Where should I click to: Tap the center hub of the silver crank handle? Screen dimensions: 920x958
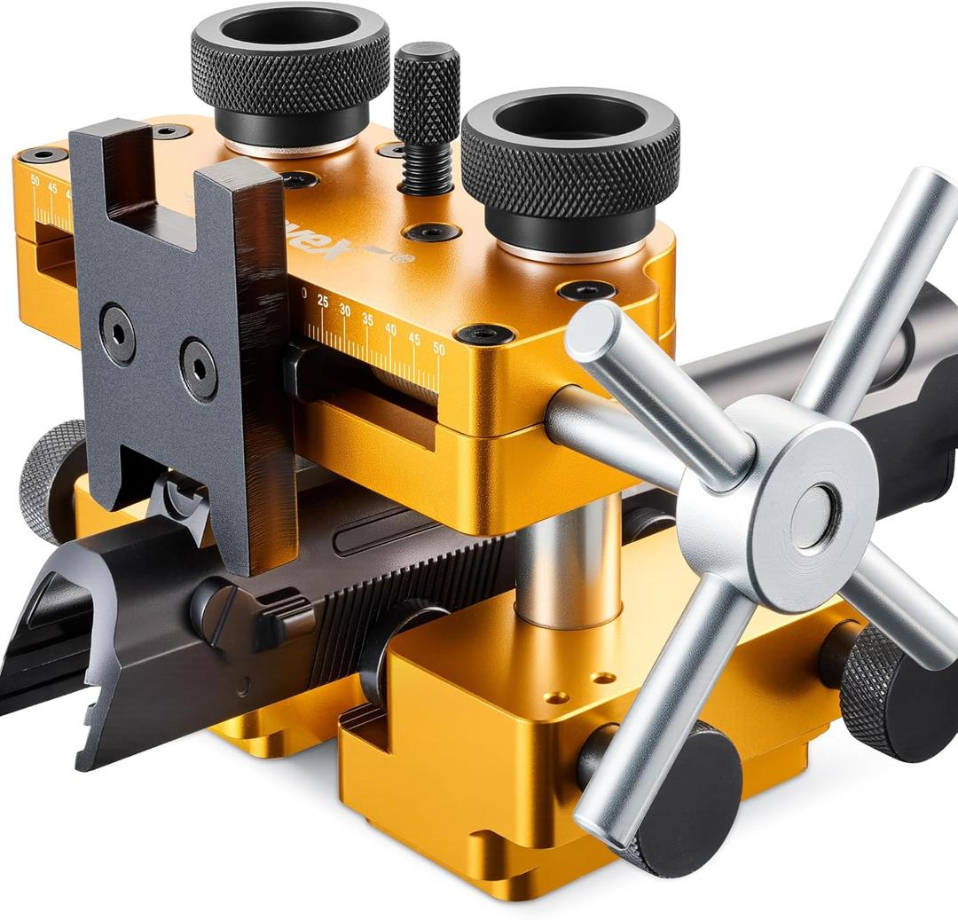(x=813, y=516)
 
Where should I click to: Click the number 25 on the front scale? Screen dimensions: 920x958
(x=322, y=303)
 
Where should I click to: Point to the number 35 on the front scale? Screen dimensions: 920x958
(x=367, y=318)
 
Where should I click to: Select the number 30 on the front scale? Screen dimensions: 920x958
(x=344, y=311)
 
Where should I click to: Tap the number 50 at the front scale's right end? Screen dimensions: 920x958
(x=438, y=348)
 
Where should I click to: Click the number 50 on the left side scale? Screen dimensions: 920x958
(x=35, y=180)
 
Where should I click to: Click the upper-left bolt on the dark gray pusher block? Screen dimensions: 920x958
(x=117, y=334)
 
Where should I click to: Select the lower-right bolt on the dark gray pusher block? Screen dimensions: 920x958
(x=198, y=369)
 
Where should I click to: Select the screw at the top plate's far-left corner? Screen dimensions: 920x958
(x=43, y=155)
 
